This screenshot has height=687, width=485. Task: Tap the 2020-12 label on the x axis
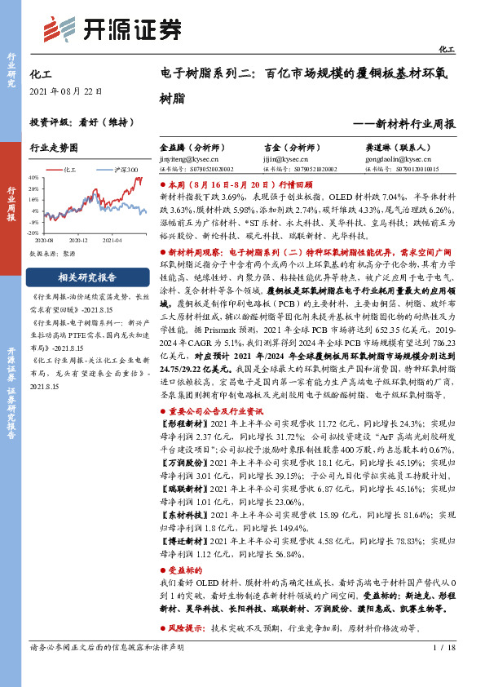coord(79,240)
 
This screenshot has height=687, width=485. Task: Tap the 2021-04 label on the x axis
coord(112,240)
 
